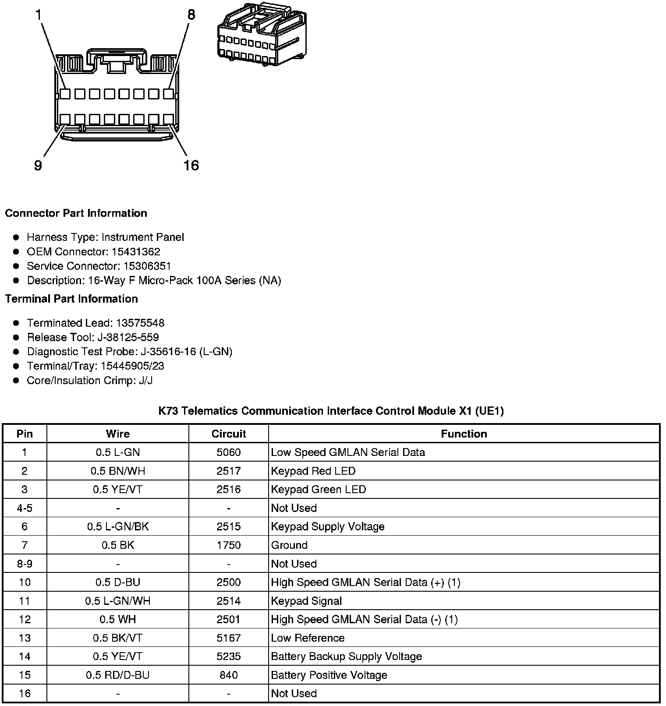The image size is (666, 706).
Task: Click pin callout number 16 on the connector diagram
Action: point(191,166)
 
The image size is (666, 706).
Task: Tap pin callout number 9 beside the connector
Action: point(38,166)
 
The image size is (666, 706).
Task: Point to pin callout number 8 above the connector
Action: point(191,15)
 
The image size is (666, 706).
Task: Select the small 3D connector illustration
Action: point(262,35)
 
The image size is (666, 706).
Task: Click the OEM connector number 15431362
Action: point(136,252)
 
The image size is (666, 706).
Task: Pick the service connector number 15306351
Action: point(147,266)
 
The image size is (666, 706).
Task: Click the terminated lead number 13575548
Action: point(140,323)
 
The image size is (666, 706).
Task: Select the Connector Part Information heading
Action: point(76,213)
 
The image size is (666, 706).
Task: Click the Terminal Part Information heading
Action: point(71,299)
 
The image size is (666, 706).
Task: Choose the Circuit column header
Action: point(229,434)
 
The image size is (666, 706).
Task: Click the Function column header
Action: point(464,434)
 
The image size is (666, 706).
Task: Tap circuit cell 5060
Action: point(229,452)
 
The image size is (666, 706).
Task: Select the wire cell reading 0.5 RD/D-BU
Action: point(117,675)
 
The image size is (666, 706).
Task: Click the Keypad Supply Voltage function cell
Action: point(328,526)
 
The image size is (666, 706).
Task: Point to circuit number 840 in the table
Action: point(229,675)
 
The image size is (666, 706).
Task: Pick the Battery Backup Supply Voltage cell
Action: point(346,657)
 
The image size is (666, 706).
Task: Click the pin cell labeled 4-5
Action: point(25,508)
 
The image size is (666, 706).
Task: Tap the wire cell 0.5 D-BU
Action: point(117,582)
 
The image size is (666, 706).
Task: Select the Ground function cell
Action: point(289,545)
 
